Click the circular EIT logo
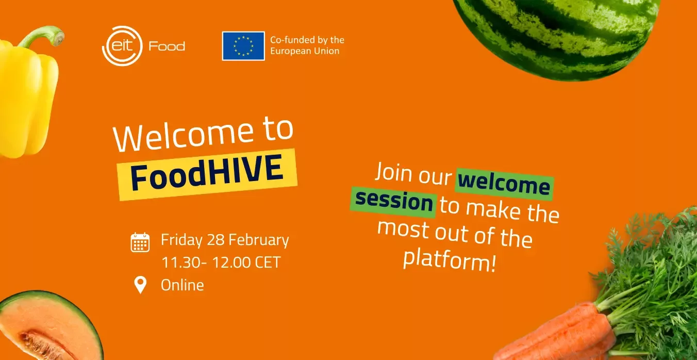(122, 46)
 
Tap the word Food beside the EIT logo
(167, 46)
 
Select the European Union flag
(243, 46)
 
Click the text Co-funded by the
(307, 40)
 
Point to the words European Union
(305, 51)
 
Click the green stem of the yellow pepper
(43, 36)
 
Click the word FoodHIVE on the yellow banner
(207, 172)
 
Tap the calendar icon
(140, 242)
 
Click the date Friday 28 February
(225, 240)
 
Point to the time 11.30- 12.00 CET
(221, 262)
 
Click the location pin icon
(140, 285)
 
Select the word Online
(182, 285)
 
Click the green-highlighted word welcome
(504, 184)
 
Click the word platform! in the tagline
(449, 260)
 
